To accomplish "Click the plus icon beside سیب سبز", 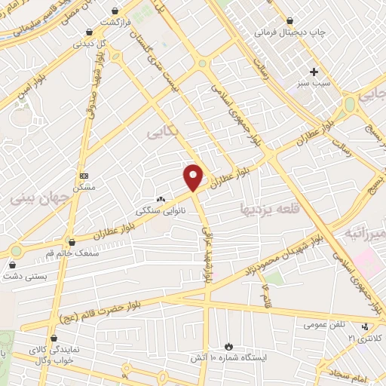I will tap(314, 71).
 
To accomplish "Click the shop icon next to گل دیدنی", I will tap(90, 32).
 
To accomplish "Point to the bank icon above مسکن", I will tap(83, 175).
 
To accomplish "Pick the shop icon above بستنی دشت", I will tap(13, 265).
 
